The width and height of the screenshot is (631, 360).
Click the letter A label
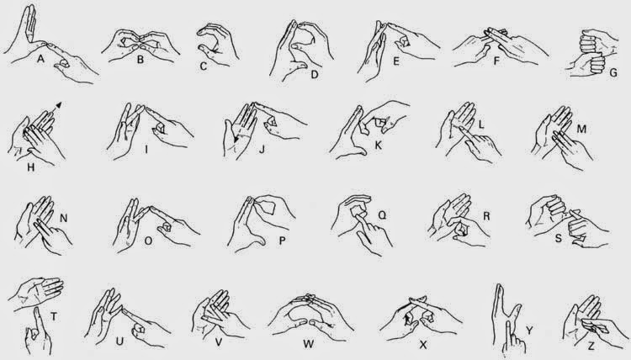(40, 60)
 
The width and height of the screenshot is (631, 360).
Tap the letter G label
(613, 73)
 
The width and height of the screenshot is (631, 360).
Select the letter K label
(378, 145)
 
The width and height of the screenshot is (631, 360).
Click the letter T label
(54, 316)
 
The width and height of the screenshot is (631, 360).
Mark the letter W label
(308, 343)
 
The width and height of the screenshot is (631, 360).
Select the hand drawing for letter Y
(506, 315)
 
